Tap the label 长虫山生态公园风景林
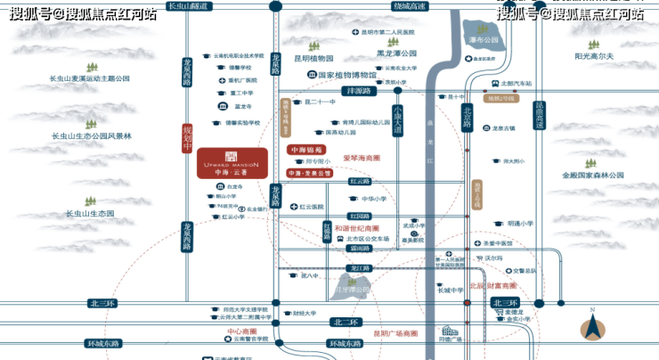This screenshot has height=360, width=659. click(x=91, y=136)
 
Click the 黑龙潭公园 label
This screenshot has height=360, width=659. click(x=397, y=53)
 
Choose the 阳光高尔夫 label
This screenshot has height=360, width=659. click(x=594, y=56)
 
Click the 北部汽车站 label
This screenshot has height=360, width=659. click(x=516, y=84)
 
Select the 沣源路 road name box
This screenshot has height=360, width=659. click(x=362, y=90)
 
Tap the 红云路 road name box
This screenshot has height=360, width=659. click(x=360, y=180)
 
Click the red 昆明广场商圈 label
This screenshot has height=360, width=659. click(x=395, y=333)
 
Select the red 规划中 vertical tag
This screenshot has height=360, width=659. click(x=187, y=138)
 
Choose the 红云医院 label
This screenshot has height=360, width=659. click(x=312, y=206)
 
